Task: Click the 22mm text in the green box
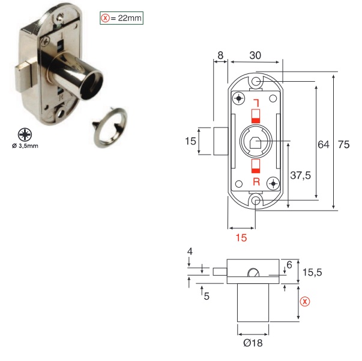130,18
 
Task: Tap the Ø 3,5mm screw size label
25,146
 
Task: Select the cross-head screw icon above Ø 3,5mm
25,135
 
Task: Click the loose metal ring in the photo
110,127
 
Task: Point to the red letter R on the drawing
256,182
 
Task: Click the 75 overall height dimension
344,144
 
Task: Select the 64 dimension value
324,144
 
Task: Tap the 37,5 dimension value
300,175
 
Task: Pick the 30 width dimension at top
255,55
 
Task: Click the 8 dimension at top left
220,55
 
